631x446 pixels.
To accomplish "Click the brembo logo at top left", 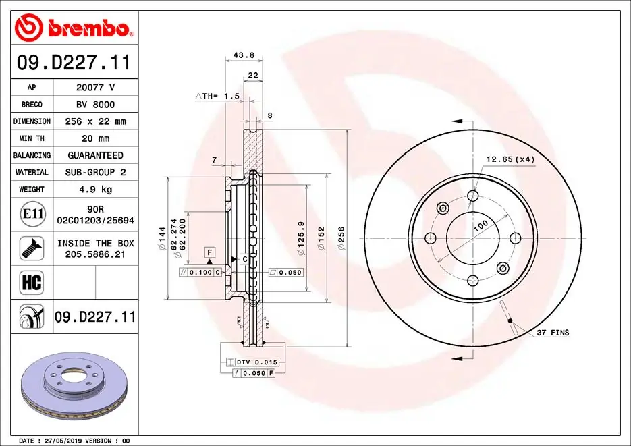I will click(73, 28).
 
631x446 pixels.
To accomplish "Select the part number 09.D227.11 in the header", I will click(73, 63).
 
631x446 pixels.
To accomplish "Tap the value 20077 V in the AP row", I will click(95, 88).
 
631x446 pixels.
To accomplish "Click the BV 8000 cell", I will click(95, 105).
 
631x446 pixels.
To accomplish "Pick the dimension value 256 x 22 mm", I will click(95, 121).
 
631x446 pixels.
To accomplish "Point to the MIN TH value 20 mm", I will click(95, 138).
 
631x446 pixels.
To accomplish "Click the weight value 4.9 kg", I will click(95, 190).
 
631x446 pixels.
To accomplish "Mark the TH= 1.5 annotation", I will click(218, 96).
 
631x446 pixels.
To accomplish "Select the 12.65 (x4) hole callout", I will click(510, 160).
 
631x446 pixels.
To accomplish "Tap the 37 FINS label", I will click(553, 333).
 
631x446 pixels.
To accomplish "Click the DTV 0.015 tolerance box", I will click(257, 362).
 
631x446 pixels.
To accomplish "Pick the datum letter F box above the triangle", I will click(210, 251).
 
